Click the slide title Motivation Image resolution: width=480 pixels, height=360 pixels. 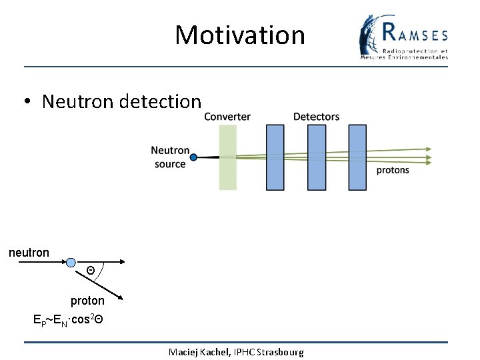pyautogui.click(x=239, y=35)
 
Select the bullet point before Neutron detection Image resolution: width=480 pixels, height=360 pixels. pyautogui.click(x=27, y=102)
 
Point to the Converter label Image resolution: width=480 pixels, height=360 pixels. pyautogui.click(x=227, y=117)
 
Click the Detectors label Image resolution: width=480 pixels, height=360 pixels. pyautogui.click(x=316, y=117)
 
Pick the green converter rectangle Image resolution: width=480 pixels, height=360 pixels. pyautogui.click(x=228, y=158)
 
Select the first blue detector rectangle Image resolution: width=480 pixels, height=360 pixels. pyautogui.click(x=275, y=158)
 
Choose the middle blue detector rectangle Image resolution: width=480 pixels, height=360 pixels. pyautogui.click(x=316, y=158)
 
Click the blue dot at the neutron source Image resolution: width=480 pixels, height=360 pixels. pyautogui.click(x=193, y=157)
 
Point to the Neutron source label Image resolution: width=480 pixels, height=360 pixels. pyautogui.click(x=170, y=157)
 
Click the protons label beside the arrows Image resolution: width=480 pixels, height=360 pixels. pyautogui.click(x=393, y=171)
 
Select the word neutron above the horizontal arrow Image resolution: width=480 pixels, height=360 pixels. pyautogui.click(x=29, y=253)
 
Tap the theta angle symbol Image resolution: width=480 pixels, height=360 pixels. pyautogui.click(x=91, y=270)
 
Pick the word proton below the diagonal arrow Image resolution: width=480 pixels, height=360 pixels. pyautogui.click(x=87, y=301)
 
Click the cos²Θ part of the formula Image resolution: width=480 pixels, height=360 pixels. pyautogui.click(x=87, y=319)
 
